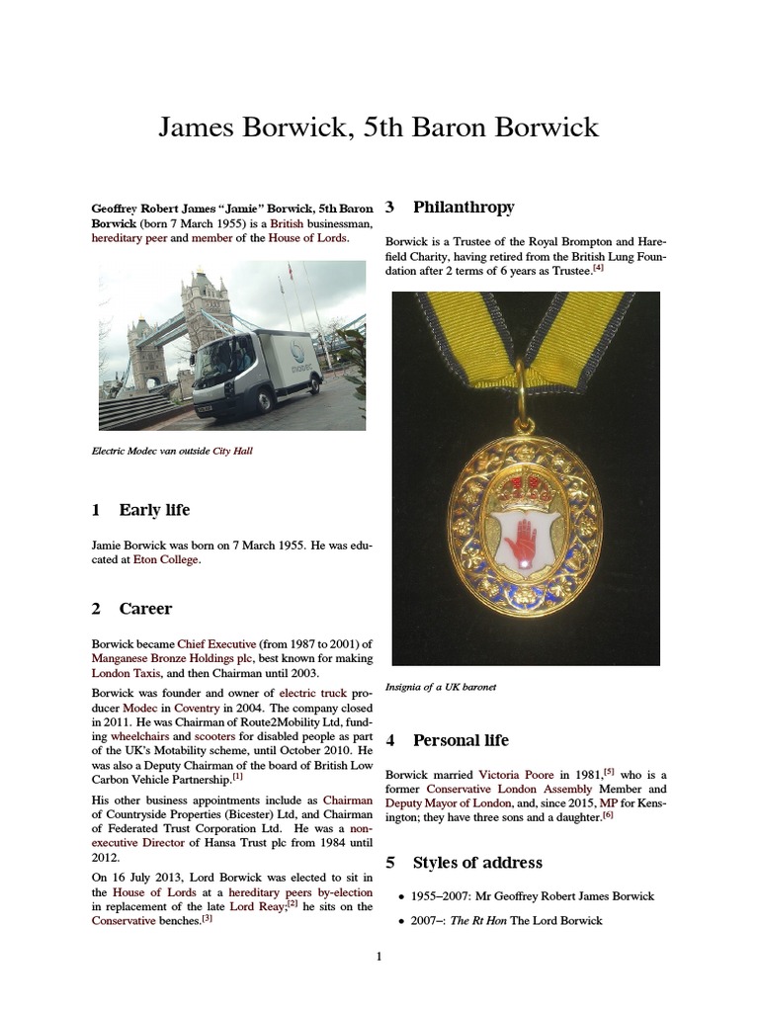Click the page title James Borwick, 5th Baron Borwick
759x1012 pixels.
point(379,127)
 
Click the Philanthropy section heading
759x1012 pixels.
point(464,207)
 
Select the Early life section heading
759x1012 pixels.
point(154,510)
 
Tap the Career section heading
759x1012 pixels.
point(145,609)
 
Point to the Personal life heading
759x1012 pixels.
point(461,740)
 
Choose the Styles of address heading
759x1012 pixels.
point(477,863)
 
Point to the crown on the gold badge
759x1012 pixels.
point(525,488)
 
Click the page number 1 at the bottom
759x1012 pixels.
point(379,957)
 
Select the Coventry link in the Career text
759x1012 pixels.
point(203,711)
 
